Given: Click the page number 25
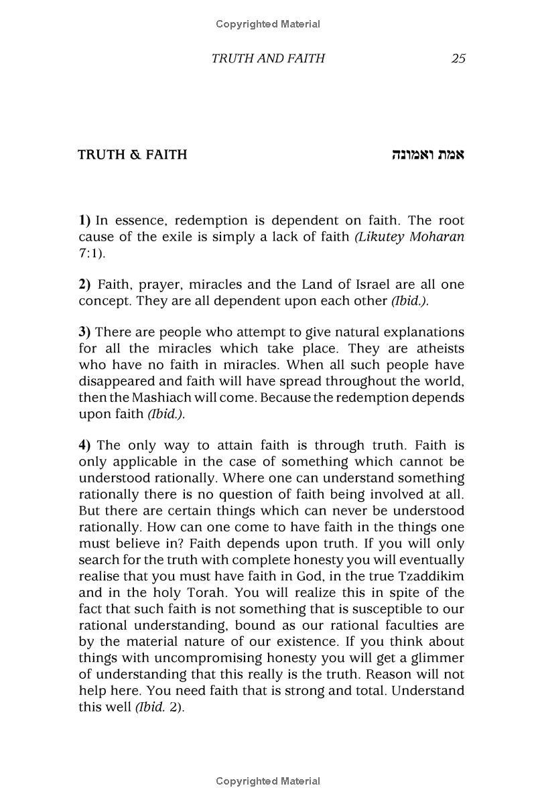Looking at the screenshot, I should coord(458,58).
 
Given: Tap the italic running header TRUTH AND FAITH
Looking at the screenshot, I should coord(268,58).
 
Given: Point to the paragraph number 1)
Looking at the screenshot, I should coord(84,220).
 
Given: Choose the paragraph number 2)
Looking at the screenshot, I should coord(84,285).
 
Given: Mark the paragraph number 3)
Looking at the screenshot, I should coord(84,333).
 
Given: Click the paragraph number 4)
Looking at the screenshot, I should coord(84,446).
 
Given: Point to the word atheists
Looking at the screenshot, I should coord(437,349).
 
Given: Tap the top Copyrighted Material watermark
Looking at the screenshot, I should coord(268,24).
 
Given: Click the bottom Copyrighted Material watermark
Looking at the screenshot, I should coord(268,781).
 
